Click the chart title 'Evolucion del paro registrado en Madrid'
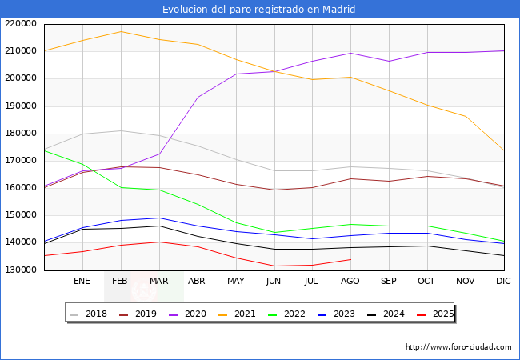pyautogui.click(x=258, y=10)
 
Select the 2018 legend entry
pyautogui.click(x=88, y=314)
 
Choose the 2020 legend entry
pyautogui.click(x=187, y=314)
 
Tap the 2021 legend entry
pyautogui.click(x=237, y=314)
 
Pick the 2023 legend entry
pyautogui.click(x=336, y=314)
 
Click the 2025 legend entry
pyautogui.click(x=434, y=314)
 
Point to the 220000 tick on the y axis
pyautogui.click(x=21, y=24)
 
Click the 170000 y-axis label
pyautogui.click(x=21, y=161)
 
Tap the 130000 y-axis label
pyautogui.click(x=21, y=270)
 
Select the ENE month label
pyautogui.click(x=82, y=281)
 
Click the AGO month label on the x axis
pyautogui.click(x=350, y=281)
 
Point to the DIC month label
pyautogui.click(x=503, y=281)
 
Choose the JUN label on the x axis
pyautogui.click(x=274, y=281)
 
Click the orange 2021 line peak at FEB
pyautogui.click(x=121, y=31)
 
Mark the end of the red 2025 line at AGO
pyautogui.click(x=350, y=259)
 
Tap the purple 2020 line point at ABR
pyautogui.click(x=198, y=97)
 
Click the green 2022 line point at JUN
pyautogui.click(x=274, y=232)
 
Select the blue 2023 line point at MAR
pyautogui.click(x=159, y=218)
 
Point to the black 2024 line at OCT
pyautogui.click(x=427, y=246)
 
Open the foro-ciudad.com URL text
pyautogui.click(x=458, y=347)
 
